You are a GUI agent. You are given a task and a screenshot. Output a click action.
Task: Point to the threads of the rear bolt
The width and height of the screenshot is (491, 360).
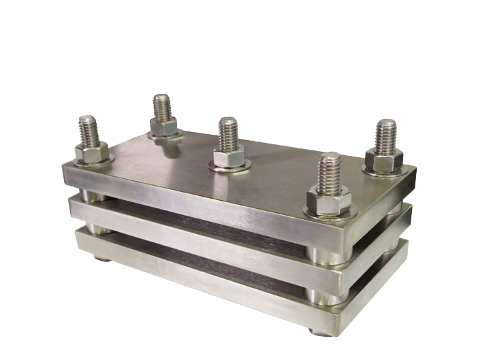162,105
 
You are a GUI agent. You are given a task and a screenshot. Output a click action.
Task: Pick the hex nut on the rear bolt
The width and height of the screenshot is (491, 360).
163,125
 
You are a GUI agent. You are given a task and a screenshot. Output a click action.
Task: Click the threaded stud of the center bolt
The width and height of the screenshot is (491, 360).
228,133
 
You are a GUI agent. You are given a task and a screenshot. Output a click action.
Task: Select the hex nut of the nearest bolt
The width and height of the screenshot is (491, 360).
329,200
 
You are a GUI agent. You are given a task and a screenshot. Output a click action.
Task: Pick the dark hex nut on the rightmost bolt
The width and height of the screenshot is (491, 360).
385,159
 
